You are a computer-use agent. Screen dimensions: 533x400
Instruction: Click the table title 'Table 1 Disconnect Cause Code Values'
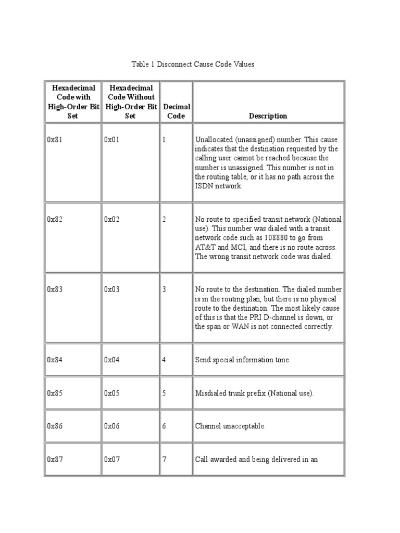tap(192, 65)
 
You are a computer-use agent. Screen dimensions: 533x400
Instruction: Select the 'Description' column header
tap(268, 116)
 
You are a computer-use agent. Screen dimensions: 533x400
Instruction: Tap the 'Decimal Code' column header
tap(176, 111)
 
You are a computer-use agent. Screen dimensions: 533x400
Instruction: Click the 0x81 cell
tap(55, 140)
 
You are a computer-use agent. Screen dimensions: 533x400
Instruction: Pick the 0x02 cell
tap(111, 219)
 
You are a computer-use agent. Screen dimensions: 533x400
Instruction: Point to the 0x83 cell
tap(55, 289)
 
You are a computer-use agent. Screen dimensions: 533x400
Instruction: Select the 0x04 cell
tap(111, 360)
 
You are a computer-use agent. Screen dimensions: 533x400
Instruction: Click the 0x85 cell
tap(55, 393)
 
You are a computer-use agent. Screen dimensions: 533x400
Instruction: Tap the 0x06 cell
tap(111, 426)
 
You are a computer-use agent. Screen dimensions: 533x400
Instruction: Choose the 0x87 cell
tap(55, 459)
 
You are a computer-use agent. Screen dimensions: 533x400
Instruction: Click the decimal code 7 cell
tap(164, 459)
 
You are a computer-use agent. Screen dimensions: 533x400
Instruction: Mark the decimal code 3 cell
tap(164, 289)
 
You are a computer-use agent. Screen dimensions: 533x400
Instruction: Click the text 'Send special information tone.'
tap(243, 360)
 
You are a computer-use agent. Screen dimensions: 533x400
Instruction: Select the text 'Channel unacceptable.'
tap(230, 426)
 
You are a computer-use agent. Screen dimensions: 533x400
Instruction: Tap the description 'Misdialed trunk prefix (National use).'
tap(255, 393)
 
